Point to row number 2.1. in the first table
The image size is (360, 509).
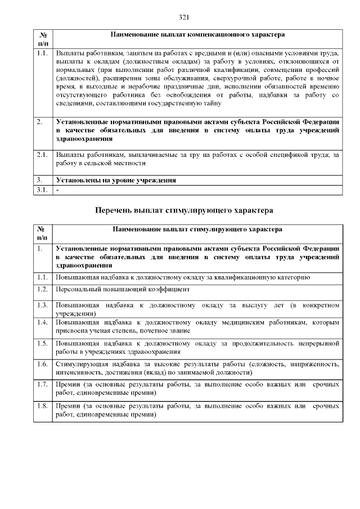point(42,154)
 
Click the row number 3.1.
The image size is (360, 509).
point(42,190)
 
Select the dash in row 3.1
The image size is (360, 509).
point(57,190)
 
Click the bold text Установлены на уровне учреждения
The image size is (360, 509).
point(115,181)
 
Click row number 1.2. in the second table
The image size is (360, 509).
point(42,289)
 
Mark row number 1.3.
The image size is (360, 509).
point(42,305)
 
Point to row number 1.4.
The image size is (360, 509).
point(42,323)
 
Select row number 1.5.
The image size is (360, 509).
point(42,343)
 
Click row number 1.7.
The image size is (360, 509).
point(42,385)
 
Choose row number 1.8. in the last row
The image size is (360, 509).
point(42,406)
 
